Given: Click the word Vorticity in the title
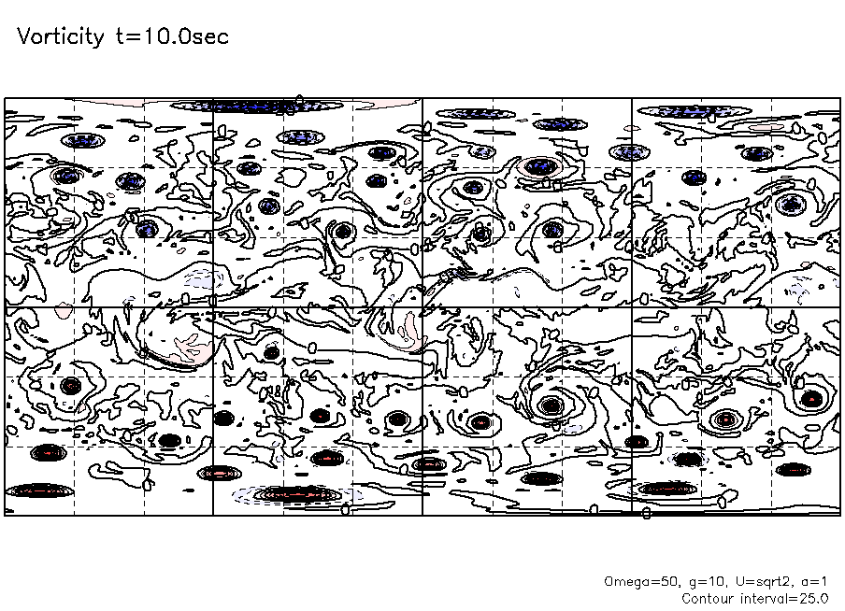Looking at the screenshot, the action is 61,37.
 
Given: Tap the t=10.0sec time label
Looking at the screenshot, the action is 172,36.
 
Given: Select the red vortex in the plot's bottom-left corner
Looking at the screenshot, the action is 40,490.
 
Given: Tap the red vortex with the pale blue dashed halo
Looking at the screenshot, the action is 297,493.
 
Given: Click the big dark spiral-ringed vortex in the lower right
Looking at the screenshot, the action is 551,405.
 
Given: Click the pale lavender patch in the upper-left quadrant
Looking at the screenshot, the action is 202,279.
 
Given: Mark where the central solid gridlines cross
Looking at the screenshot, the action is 422,307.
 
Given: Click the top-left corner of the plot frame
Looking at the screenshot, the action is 5,99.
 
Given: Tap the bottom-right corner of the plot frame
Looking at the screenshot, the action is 840,516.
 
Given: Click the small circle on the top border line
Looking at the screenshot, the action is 300,99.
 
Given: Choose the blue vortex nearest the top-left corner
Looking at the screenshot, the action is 82,141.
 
